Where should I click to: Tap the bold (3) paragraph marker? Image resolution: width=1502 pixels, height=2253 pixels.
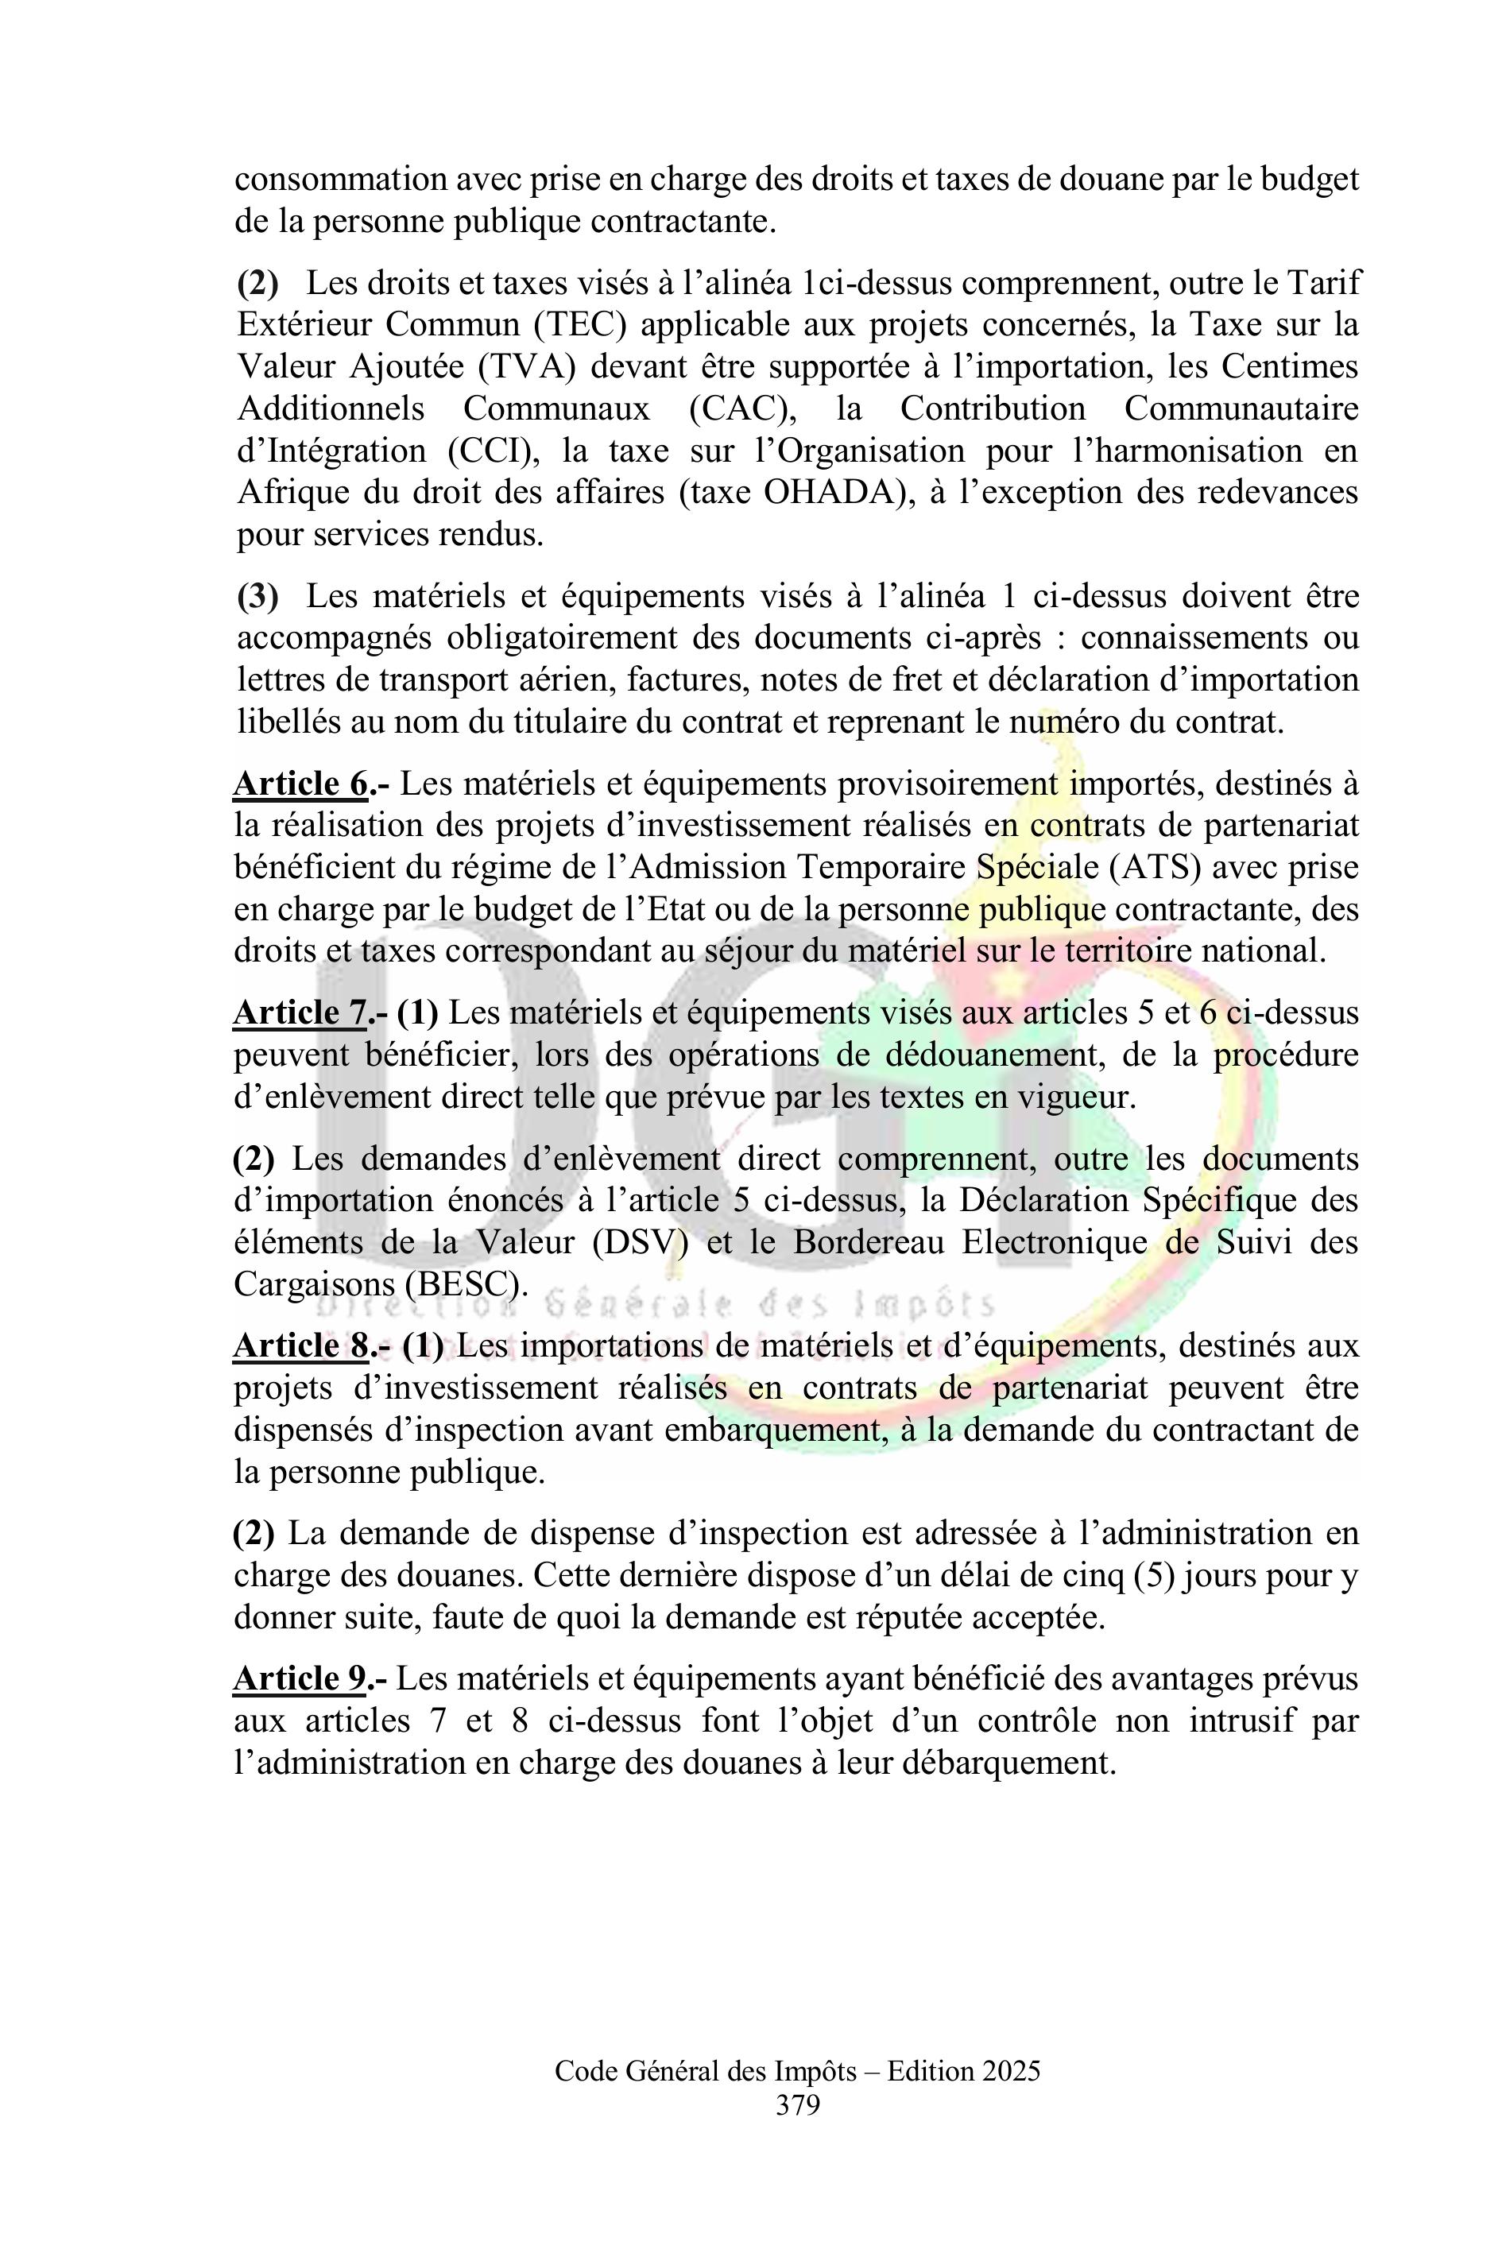pos(257,597)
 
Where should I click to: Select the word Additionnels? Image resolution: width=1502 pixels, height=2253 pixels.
pos(331,409)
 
